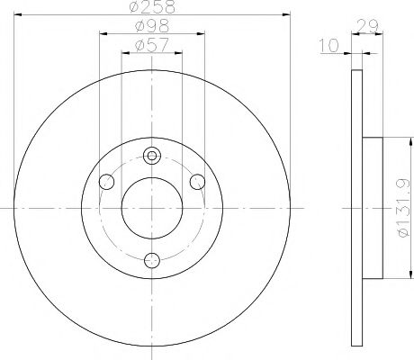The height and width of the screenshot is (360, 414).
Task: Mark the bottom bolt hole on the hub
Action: (x=151, y=260)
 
